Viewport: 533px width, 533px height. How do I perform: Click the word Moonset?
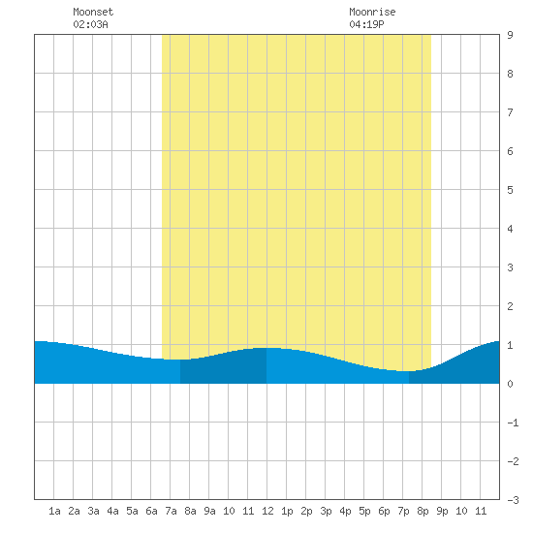(93, 12)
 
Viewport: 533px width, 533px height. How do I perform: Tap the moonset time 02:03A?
(90, 24)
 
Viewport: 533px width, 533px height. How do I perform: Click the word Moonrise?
(372, 12)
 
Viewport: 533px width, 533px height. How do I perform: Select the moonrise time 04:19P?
(366, 24)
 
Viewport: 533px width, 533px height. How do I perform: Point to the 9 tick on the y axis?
(510, 35)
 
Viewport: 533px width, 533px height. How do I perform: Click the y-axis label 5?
(510, 190)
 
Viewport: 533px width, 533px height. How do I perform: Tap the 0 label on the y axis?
(510, 384)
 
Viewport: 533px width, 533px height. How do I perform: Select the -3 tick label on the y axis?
(513, 500)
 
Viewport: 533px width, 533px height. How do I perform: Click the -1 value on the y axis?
(513, 423)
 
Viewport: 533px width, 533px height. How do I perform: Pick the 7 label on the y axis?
(510, 112)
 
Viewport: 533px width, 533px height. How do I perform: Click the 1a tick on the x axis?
(54, 511)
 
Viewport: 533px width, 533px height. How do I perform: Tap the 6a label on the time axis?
(151, 511)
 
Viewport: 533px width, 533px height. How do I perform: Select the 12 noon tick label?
(267, 511)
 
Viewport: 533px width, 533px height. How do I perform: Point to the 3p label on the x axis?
(326, 511)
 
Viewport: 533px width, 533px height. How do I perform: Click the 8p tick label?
(423, 511)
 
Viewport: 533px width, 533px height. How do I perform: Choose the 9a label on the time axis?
(209, 511)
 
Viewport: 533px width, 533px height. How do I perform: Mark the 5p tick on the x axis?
(364, 511)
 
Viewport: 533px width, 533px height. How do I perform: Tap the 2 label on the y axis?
(510, 306)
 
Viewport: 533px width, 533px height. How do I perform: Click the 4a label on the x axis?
(112, 511)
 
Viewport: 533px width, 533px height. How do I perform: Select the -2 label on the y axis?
(513, 461)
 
